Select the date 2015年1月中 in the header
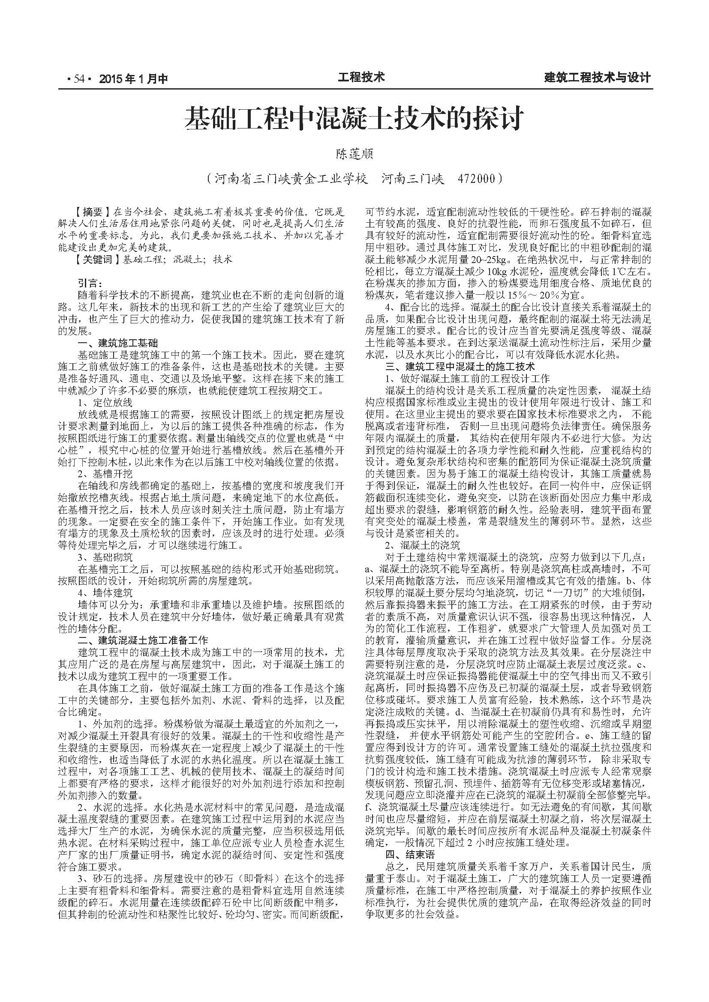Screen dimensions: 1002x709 coord(134,79)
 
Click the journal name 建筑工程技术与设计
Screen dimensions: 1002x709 coord(598,78)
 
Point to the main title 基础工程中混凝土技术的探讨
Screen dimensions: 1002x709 coord(353,119)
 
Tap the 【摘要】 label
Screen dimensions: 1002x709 coord(91,212)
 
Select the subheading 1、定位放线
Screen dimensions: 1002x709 coord(105,402)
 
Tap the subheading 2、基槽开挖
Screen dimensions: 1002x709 coord(105,473)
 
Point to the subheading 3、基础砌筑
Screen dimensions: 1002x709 coord(105,557)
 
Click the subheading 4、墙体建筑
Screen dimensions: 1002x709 coord(105,592)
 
